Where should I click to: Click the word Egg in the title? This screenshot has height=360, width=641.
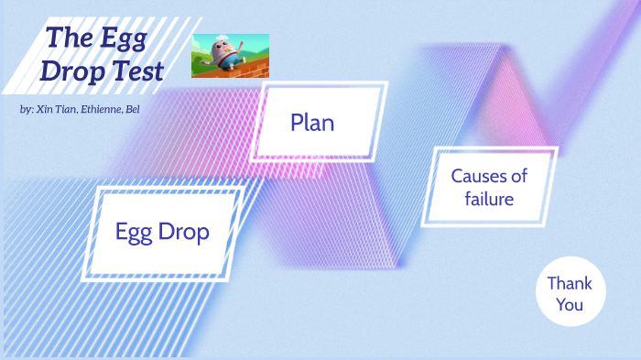pyautogui.click(x=124, y=38)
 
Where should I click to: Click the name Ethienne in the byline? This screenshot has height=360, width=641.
pyautogui.click(x=103, y=109)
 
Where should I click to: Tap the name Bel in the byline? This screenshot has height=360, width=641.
pyautogui.click(x=134, y=109)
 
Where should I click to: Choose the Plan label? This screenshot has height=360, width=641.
pyautogui.click(x=312, y=122)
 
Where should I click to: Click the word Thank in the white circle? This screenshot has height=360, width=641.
pyautogui.click(x=570, y=283)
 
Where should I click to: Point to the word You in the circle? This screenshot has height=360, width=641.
pyautogui.click(x=570, y=304)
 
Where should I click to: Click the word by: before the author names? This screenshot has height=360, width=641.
pyautogui.click(x=26, y=109)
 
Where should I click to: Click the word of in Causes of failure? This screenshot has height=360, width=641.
pyautogui.click(x=518, y=176)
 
